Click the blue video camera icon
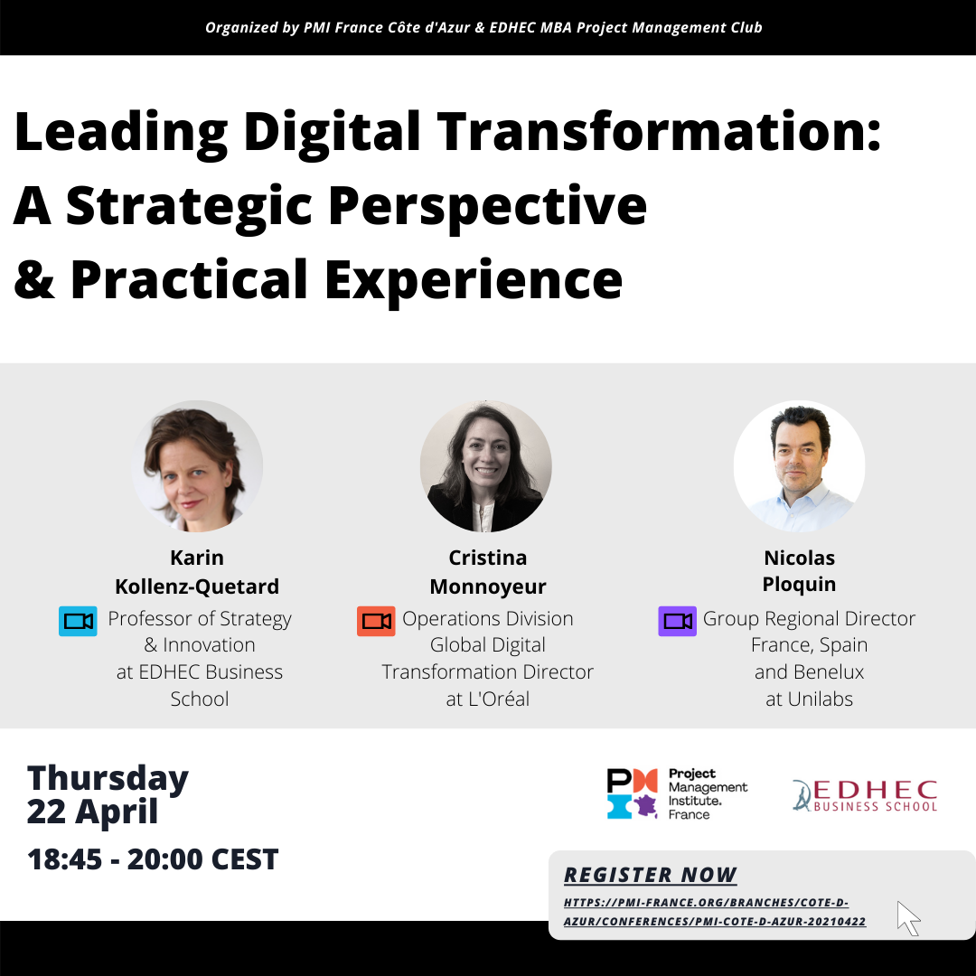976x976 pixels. tap(78, 621)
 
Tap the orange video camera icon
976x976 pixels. tap(376, 621)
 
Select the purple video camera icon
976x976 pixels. tap(677, 621)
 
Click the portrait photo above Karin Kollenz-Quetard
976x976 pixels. tap(197, 465)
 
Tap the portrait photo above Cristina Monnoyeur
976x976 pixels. tap(486, 465)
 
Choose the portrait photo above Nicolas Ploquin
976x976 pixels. tap(799, 465)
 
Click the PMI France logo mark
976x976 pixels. tap(633, 793)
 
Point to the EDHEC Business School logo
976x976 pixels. tap(865, 795)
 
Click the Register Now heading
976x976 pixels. tap(650, 875)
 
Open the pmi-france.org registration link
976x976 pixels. tap(715, 911)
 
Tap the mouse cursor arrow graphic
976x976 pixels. tap(908, 918)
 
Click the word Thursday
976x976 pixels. tap(108, 779)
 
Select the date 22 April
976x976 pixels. tap(93, 812)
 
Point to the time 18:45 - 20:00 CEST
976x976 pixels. tap(153, 859)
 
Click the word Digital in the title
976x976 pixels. tap(332, 133)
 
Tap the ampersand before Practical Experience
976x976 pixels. tap(34, 279)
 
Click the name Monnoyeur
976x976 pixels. tap(488, 587)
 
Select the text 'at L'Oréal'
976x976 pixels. tap(488, 699)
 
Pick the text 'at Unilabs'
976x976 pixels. tap(809, 699)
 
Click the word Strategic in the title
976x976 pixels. tap(189, 207)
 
